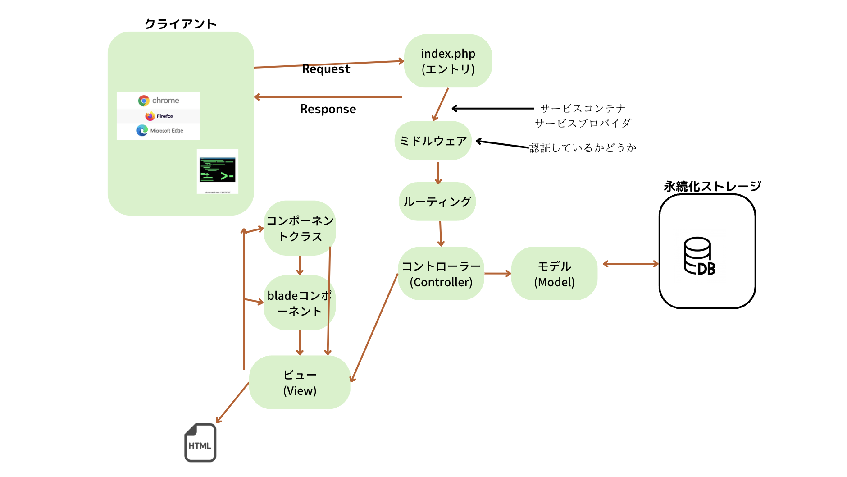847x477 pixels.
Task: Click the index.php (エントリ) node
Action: click(x=448, y=61)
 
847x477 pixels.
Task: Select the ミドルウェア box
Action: click(x=433, y=141)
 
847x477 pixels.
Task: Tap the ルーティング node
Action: click(x=437, y=202)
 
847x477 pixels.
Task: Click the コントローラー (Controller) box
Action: click(x=441, y=274)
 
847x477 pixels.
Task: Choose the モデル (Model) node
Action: click(x=554, y=274)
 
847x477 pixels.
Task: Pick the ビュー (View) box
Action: click(x=300, y=383)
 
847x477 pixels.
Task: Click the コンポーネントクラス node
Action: click(x=300, y=228)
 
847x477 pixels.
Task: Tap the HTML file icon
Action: click(x=200, y=443)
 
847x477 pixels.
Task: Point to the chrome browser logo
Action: click(x=144, y=101)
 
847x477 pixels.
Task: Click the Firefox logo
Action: click(x=150, y=116)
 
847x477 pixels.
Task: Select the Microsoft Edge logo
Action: click(x=142, y=131)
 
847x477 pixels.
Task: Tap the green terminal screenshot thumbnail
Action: click(x=218, y=171)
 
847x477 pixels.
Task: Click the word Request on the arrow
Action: click(x=326, y=69)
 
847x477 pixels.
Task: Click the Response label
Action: click(x=328, y=109)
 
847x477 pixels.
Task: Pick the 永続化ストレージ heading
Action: click(x=712, y=186)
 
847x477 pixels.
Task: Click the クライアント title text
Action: click(x=181, y=24)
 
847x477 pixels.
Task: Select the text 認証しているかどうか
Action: click(x=583, y=148)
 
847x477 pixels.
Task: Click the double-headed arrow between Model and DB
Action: click(x=630, y=264)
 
